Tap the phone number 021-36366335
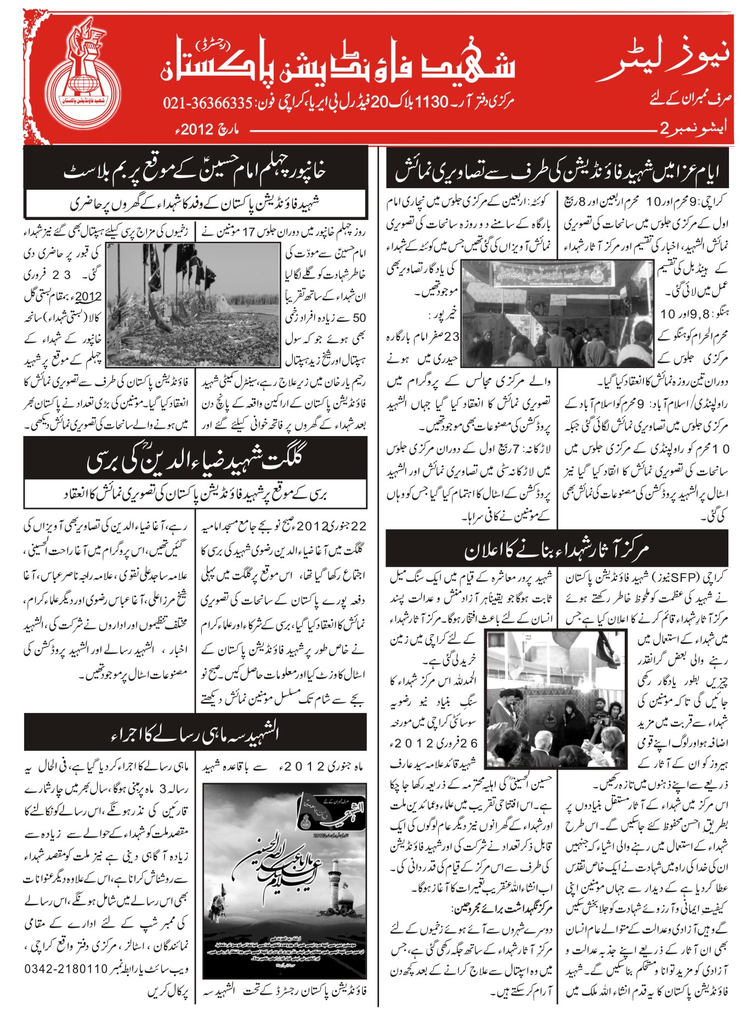207,103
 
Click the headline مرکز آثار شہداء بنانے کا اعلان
556,549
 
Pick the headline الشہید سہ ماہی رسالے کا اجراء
195,732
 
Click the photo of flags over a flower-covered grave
193,305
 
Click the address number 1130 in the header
433,102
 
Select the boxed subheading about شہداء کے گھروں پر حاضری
195,204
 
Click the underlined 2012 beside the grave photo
88,297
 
